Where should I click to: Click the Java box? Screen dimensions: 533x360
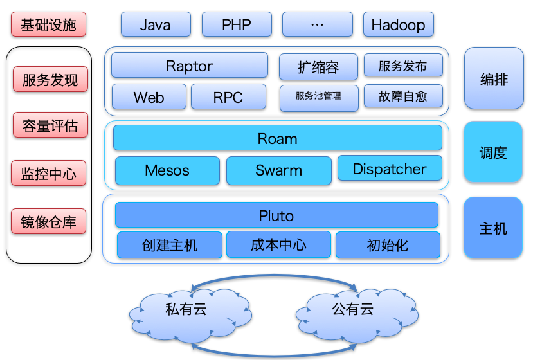156,24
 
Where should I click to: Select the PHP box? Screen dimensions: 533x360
237,24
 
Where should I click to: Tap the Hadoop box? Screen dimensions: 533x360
399,24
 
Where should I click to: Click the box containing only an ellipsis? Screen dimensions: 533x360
318,24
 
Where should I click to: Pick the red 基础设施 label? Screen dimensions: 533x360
48,24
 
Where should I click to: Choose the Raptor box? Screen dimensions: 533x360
190,66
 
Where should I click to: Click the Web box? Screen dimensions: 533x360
149,97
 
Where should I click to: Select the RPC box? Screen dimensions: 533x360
228,97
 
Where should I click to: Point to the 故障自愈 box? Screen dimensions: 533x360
403,96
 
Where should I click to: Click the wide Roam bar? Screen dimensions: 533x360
277,138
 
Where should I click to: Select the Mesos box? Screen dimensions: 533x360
167,170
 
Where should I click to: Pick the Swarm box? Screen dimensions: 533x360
279,170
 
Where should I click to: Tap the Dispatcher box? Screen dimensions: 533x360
390,168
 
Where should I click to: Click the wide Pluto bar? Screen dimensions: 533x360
276,215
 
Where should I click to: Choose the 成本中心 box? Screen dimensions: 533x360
279,244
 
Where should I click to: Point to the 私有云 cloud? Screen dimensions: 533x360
190,314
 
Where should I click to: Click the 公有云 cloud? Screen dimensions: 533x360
357,314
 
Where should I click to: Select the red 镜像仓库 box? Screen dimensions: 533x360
48,221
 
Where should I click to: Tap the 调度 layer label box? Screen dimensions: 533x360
493,152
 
